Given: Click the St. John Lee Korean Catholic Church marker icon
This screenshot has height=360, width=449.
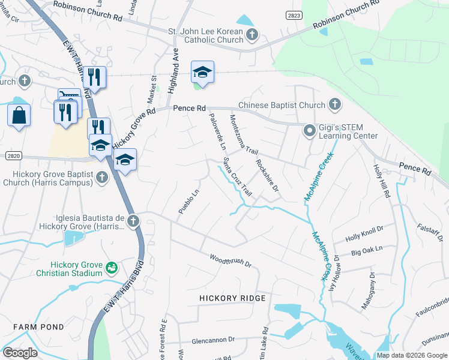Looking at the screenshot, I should coord(252,35).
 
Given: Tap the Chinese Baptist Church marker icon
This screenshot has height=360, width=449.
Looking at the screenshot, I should coord(335,105).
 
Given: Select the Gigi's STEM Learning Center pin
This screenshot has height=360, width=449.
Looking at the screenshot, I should coord(310,130).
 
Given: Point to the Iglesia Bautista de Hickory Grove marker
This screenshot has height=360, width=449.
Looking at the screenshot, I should coord(133,222).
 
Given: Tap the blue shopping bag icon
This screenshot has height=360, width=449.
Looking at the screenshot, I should coord(19,115).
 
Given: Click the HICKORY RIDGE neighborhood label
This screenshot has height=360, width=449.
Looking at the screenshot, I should coord(232,298).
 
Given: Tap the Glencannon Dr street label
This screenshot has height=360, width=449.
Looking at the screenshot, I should coord(215,340).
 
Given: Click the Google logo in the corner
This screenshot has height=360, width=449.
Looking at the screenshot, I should coord(19,353).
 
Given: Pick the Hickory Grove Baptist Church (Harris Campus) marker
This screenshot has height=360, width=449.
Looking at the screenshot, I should coord(102,177).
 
